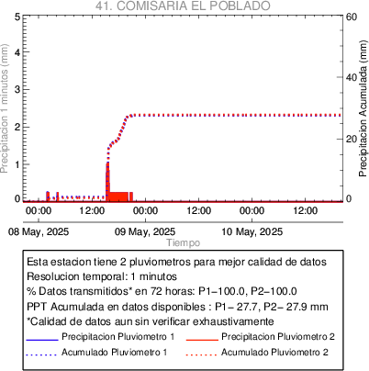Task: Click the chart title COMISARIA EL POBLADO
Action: tap(194, 6)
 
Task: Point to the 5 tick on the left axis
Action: tap(17, 17)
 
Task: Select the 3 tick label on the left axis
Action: tap(17, 89)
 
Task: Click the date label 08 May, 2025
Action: tap(39, 231)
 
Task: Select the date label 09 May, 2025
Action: tap(145, 231)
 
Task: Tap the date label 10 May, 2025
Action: tap(252, 231)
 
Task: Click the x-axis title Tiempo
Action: tap(184, 242)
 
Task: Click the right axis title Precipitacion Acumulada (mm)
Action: tap(363, 108)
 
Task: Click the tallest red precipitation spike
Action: tap(107, 182)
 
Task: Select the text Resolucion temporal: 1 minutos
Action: tap(102, 276)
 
